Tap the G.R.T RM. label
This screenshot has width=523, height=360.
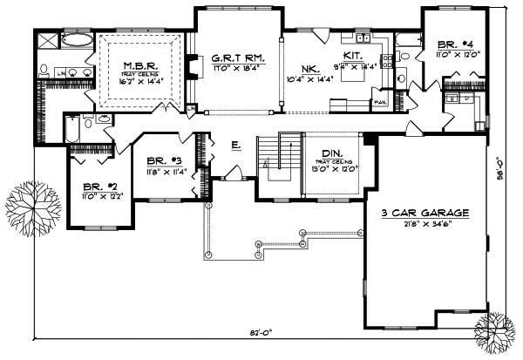tap(232, 59)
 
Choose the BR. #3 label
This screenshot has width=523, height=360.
tap(164, 160)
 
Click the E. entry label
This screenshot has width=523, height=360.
tap(235, 144)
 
